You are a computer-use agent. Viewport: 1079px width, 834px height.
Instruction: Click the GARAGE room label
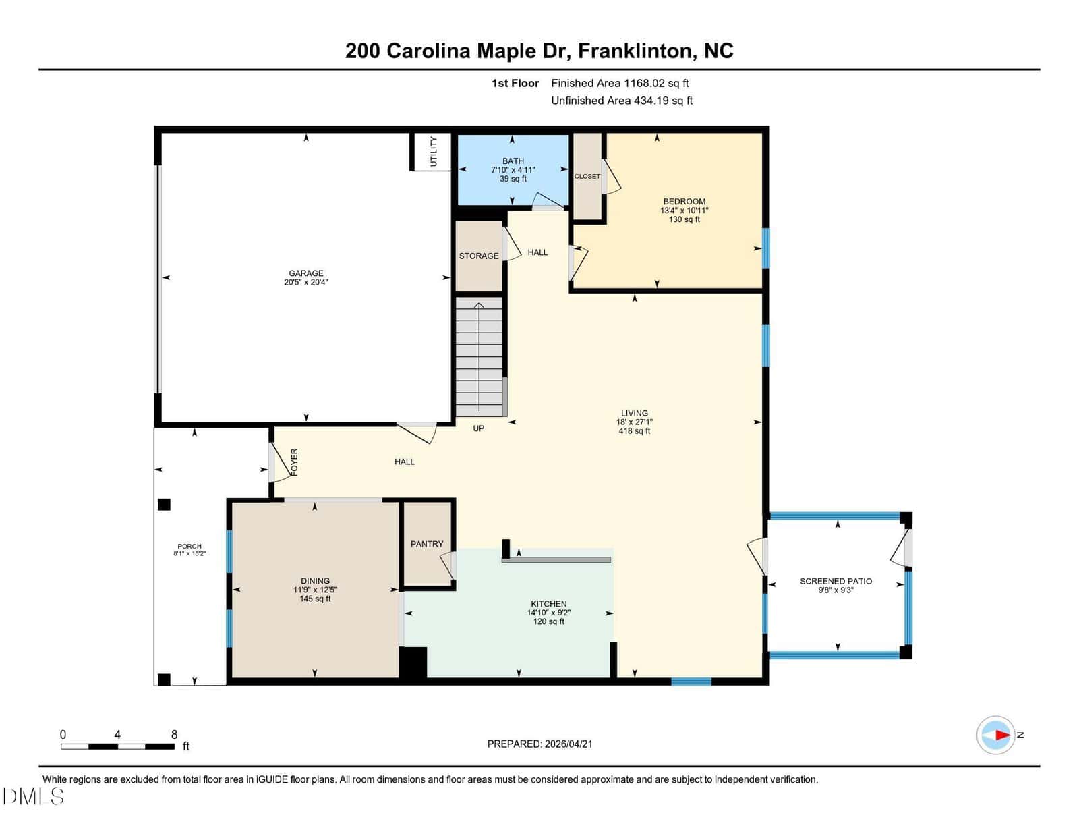(306, 273)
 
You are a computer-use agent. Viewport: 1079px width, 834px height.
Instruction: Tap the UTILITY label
(433, 152)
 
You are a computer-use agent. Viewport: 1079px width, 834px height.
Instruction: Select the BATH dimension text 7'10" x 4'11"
(513, 170)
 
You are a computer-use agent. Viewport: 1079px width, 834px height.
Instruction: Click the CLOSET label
(587, 176)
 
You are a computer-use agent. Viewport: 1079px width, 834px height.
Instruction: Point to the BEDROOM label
(684, 202)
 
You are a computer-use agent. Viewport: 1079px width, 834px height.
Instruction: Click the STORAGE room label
(479, 256)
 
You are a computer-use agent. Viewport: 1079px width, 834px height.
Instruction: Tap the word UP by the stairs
(478, 428)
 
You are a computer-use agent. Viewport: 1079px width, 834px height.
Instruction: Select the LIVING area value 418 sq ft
(634, 431)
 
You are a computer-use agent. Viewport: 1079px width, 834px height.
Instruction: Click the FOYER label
(294, 462)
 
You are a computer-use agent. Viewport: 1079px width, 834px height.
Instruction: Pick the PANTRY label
(426, 544)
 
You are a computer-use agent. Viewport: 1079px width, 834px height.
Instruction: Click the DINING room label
(315, 581)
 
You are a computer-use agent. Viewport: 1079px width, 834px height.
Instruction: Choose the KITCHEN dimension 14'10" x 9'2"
(549, 613)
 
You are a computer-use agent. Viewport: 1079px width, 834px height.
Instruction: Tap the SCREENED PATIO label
(836, 581)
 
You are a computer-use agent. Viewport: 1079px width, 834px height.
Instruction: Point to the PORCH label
(189, 547)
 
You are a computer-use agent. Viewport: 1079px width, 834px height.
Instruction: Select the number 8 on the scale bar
(174, 735)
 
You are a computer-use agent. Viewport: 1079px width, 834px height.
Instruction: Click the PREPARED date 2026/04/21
(568, 744)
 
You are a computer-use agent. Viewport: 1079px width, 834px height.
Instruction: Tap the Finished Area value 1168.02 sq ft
(656, 84)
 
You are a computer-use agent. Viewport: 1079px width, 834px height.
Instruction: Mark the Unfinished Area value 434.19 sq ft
(663, 101)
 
